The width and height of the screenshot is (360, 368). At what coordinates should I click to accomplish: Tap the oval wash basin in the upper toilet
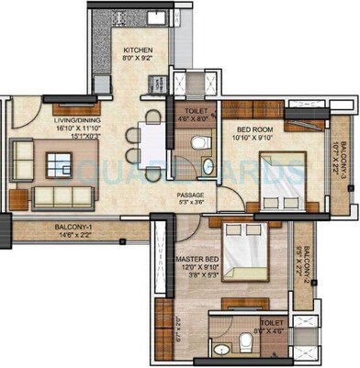pyautogui.click(x=207, y=167)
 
